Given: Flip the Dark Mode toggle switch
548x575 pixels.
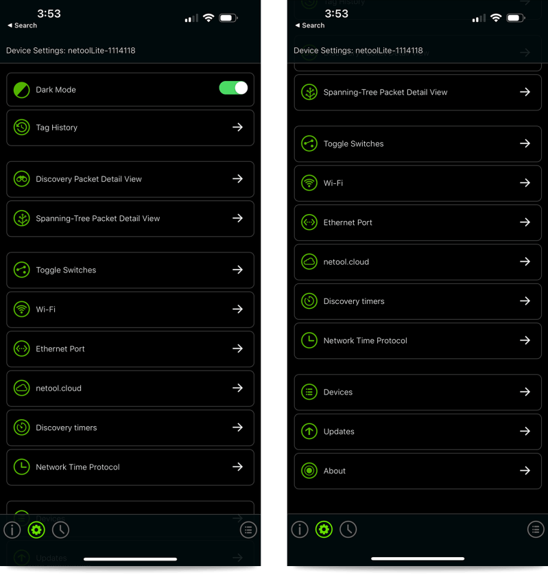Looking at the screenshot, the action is [233, 88].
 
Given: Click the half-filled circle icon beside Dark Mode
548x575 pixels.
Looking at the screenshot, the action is [22, 90].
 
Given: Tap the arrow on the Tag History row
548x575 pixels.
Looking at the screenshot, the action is [237, 127].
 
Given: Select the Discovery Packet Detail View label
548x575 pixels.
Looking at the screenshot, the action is [88, 179].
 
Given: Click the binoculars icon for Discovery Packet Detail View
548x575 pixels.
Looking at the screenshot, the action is [22, 179].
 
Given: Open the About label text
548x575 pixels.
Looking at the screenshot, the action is [334, 471].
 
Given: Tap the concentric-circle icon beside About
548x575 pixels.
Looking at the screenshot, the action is [309, 471].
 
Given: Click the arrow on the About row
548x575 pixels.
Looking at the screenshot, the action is [525, 471].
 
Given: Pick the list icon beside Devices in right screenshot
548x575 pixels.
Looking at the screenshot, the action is [309, 392].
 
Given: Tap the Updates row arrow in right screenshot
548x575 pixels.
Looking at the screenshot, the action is [525, 431].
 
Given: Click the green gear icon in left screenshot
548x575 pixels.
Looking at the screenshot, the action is [36, 530].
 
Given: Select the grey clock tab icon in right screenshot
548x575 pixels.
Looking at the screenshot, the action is [348, 530].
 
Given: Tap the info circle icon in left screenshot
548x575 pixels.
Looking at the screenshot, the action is [12, 530].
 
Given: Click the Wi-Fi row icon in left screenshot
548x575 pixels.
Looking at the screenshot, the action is [22, 309].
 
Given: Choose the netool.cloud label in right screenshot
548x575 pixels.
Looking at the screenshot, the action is [346, 262].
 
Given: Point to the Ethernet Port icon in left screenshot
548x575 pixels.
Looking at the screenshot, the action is [22, 349].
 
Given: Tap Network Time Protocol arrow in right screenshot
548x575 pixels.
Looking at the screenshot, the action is [525, 340].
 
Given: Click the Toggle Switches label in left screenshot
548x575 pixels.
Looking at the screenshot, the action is [66, 270].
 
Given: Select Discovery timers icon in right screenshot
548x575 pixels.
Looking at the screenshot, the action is [309, 301].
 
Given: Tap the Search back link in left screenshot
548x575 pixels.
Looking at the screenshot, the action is [23, 25].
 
